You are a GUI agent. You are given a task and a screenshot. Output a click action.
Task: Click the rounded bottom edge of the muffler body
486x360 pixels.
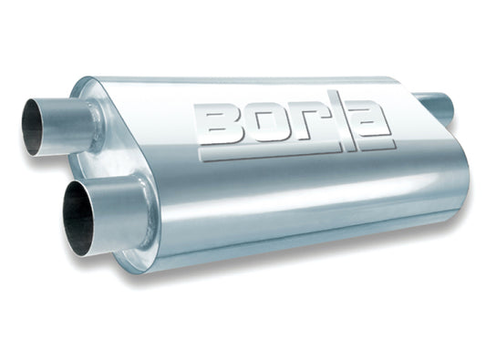pyautogui.click(x=301, y=251)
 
